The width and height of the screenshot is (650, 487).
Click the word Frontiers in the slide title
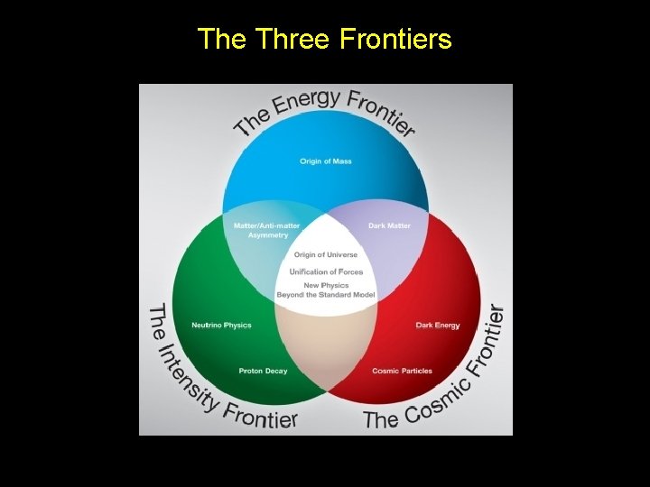[x=395, y=39]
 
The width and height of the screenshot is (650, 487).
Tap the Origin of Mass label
[x=326, y=161]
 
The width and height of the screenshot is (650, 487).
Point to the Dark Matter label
[x=389, y=225]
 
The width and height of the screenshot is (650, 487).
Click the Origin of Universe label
[x=326, y=255]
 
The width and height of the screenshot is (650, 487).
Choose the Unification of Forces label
[x=326, y=271]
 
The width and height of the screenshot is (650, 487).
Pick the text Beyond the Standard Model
[x=326, y=295]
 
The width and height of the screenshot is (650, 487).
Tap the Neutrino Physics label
[x=221, y=325]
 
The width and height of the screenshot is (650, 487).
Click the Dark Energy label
[x=438, y=325]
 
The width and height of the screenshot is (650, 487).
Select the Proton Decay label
[x=263, y=371]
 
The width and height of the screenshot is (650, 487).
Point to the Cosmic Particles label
[x=402, y=371]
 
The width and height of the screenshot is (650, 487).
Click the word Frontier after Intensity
[x=260, y=417]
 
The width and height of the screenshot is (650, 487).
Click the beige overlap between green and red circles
[x=326, y=347]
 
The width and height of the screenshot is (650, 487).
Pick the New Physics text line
[x=326, y=286]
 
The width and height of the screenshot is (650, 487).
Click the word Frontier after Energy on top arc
[x=382, y=110]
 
